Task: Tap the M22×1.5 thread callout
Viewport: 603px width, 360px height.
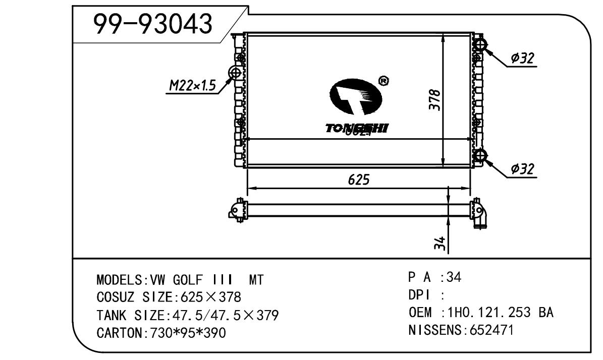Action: (192, 87)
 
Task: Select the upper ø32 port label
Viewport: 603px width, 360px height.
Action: (522, 58)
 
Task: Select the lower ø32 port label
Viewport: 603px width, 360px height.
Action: (522, 169)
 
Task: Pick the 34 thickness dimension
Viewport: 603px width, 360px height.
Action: (439, 245)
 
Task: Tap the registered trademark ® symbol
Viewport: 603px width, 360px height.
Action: (383, 81)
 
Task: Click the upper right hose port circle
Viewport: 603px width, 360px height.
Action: (479, 45)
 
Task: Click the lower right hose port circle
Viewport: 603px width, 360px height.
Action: (479, 155)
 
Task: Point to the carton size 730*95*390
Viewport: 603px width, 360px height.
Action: (186, 333)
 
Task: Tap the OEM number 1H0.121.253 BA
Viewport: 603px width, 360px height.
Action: (501, 313)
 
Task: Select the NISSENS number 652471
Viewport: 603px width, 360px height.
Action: (492, 331)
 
